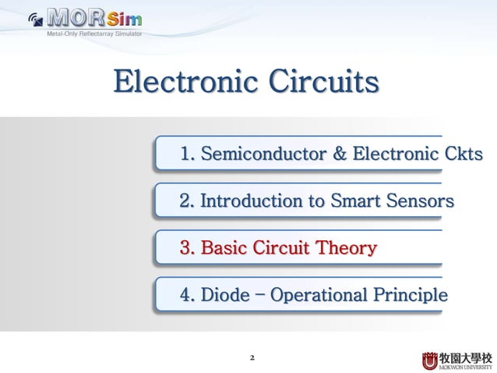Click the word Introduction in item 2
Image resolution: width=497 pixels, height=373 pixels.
[252, 201]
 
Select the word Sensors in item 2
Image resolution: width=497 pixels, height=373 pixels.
[421, 201]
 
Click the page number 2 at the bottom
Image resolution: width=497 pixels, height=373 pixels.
[252, 359]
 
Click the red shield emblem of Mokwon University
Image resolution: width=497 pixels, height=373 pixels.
[430, 361]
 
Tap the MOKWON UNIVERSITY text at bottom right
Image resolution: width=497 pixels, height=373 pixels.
[467, 366]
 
